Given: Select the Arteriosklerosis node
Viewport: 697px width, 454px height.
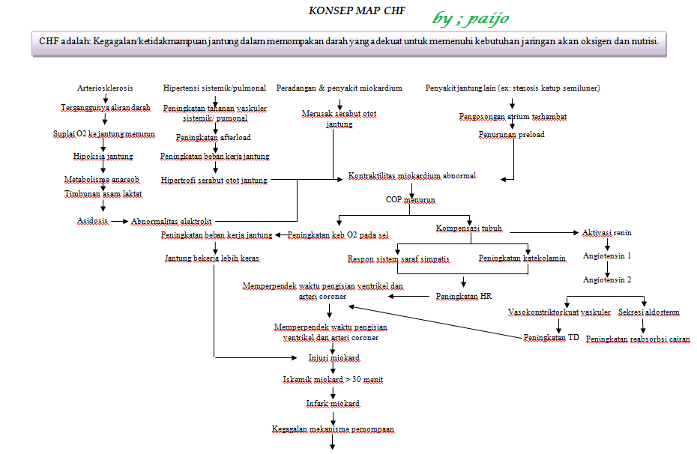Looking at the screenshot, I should tap(105, 88).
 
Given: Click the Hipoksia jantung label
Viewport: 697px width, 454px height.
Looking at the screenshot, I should tap(103, 157).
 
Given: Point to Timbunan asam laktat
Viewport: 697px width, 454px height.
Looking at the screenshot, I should tap(103, 193).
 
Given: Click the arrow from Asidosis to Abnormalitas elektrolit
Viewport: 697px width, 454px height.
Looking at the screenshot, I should tap(120, 221).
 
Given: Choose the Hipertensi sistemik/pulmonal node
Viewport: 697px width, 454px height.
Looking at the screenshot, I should tap(214, 88).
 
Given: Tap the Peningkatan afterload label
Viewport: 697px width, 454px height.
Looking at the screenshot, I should tap(214, 138).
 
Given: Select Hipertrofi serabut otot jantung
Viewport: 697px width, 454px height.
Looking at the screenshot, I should tap(214, 180).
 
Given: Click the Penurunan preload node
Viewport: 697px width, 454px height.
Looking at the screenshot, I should tap(512, 135).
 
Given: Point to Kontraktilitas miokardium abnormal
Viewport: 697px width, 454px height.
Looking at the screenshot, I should tap(411, 176).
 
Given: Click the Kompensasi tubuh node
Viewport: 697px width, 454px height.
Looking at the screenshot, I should tap(469, 228).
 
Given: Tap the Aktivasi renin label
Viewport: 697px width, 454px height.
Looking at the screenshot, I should tap(607, 233).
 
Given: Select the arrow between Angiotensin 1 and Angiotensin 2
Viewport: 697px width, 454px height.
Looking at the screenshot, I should tap(607, 267).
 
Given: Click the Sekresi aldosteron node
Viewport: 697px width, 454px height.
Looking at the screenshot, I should tap(649, 312).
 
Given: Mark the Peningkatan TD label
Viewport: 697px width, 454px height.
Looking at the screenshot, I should tap(551, 338).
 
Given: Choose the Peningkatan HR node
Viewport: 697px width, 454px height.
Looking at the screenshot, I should tap(464, 297).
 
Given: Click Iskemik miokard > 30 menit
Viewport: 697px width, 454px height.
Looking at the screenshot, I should tap(333, 380).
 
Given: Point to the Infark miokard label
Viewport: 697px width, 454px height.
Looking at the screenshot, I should tap(333, 404).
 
